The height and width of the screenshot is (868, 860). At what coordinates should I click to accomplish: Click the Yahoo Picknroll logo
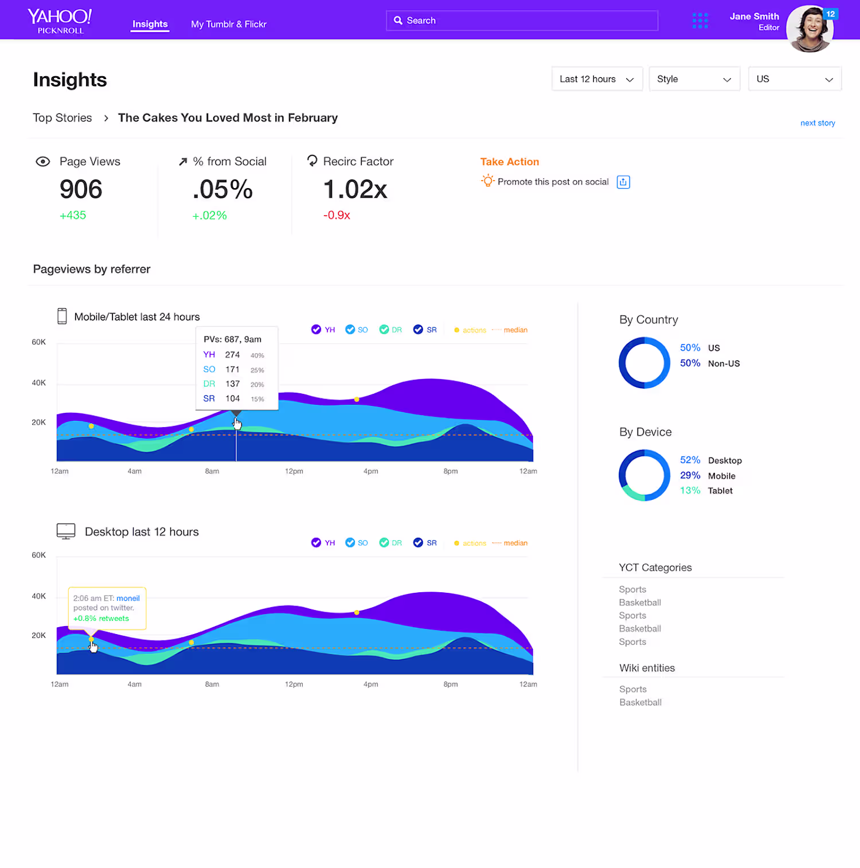pos(60,21)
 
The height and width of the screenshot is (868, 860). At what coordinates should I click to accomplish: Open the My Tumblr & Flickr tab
pos(229,24)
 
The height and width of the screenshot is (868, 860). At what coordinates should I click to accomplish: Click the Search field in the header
pos(522,21)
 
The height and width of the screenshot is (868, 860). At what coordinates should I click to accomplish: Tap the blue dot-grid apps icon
pos(700,21)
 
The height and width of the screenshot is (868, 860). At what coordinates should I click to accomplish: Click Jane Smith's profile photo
pos(810,29)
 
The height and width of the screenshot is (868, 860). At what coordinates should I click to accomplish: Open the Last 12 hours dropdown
pos(597,79)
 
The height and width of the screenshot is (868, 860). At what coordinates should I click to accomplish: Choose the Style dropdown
pos(694,79)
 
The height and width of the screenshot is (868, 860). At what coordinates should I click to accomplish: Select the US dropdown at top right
pos(795,79)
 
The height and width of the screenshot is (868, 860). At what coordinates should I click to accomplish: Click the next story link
pos(818,123)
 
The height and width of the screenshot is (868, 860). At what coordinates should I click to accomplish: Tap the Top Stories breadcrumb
pos(62,118)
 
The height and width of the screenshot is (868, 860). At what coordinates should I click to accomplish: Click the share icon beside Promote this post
pos(623,182)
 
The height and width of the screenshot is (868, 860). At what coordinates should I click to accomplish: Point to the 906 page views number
pos(81,189)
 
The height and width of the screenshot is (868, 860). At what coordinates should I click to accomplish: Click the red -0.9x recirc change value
pos(337,216)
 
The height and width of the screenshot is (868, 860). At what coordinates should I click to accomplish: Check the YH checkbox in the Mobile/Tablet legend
pos(316,330)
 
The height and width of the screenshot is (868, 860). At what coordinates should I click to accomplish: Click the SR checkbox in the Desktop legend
pos(418,543)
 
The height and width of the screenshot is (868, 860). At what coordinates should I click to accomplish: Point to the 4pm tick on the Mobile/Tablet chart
pos(371,471)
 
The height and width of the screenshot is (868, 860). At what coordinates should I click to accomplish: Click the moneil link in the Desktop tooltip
pos(128,599)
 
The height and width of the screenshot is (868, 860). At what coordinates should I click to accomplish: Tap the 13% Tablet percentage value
pos(690,491)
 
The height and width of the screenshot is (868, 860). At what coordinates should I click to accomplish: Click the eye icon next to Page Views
pos(43,162)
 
